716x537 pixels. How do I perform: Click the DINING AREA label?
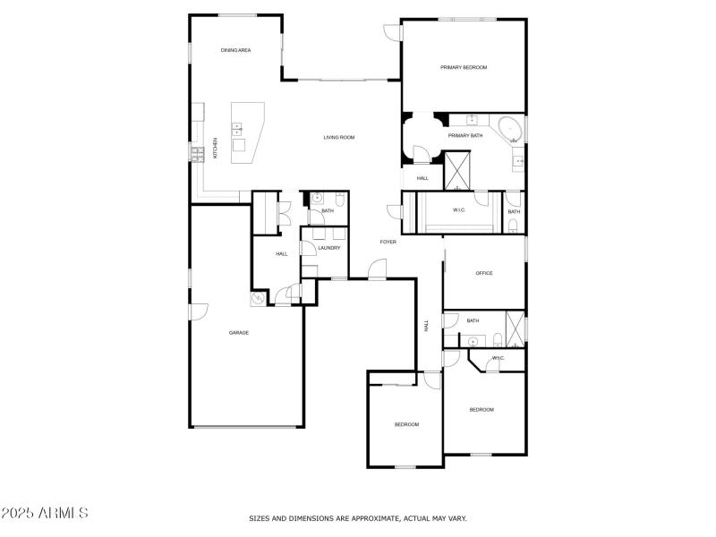(235, 50)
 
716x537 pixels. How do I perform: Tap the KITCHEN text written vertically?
(215, 149)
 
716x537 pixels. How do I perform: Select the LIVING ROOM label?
(339, 137)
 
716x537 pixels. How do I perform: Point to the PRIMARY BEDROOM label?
(463, 67)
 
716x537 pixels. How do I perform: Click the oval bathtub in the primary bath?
(511, 129)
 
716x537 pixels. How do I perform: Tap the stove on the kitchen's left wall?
(197, 154)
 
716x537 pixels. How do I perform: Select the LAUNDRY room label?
(328, 248)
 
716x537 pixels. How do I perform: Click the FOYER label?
(388, 242)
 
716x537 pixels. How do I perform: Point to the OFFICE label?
(484, 273)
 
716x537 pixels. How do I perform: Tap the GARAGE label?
(239, 332)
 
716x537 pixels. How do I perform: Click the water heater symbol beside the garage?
(259, 298)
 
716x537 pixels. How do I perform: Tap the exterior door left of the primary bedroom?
(393, 32)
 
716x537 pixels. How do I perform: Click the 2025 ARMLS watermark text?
(45, 514)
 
